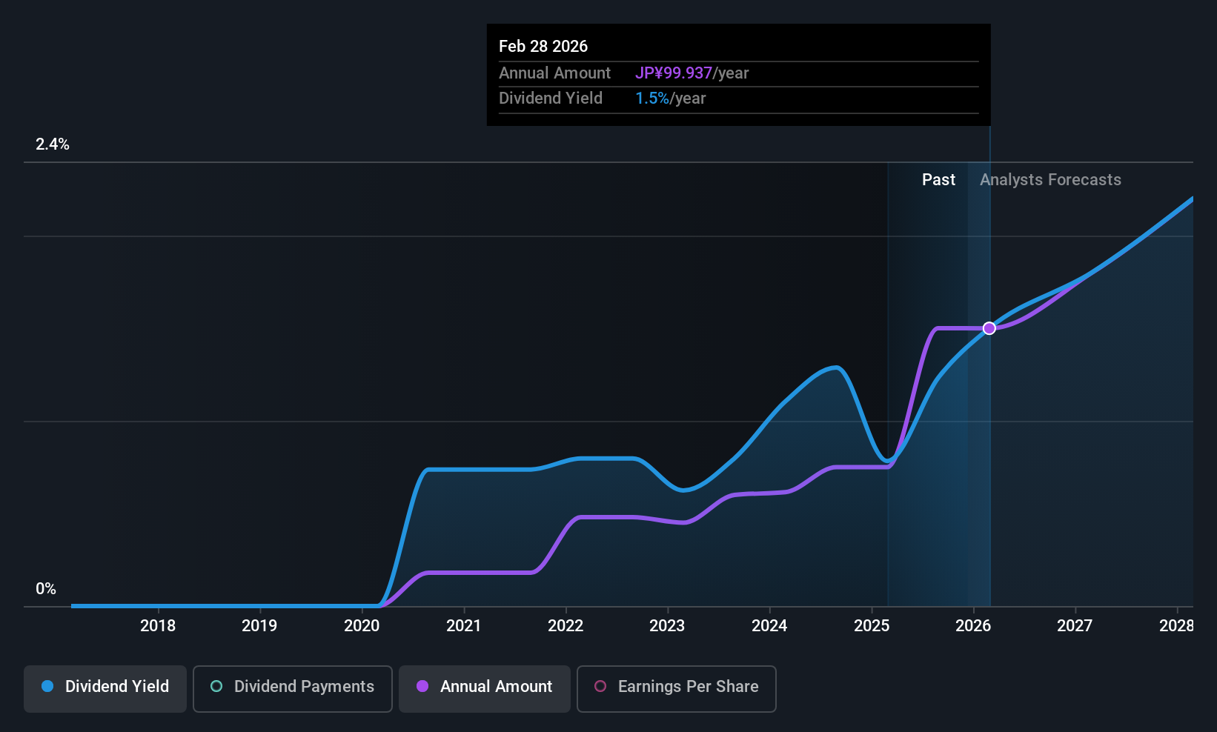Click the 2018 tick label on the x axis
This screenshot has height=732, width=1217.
158,626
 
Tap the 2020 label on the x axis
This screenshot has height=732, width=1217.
362,626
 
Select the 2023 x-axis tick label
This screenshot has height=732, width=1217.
667,626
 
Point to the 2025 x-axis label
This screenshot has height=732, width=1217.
872,626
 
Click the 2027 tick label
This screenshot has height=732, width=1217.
1075,626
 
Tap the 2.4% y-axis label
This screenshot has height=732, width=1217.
53,144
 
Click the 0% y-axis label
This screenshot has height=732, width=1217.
46,589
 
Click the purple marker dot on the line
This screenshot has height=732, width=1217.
989,328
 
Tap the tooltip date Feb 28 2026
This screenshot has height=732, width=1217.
543,47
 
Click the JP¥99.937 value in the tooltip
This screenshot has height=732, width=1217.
674,73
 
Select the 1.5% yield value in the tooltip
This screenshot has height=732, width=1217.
652,99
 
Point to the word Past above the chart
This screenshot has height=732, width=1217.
938,180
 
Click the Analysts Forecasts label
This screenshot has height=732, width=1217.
1050,180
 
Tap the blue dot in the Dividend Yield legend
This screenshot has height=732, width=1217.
47,687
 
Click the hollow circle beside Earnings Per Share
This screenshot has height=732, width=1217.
600,687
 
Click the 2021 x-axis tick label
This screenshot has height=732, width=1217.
464,626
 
